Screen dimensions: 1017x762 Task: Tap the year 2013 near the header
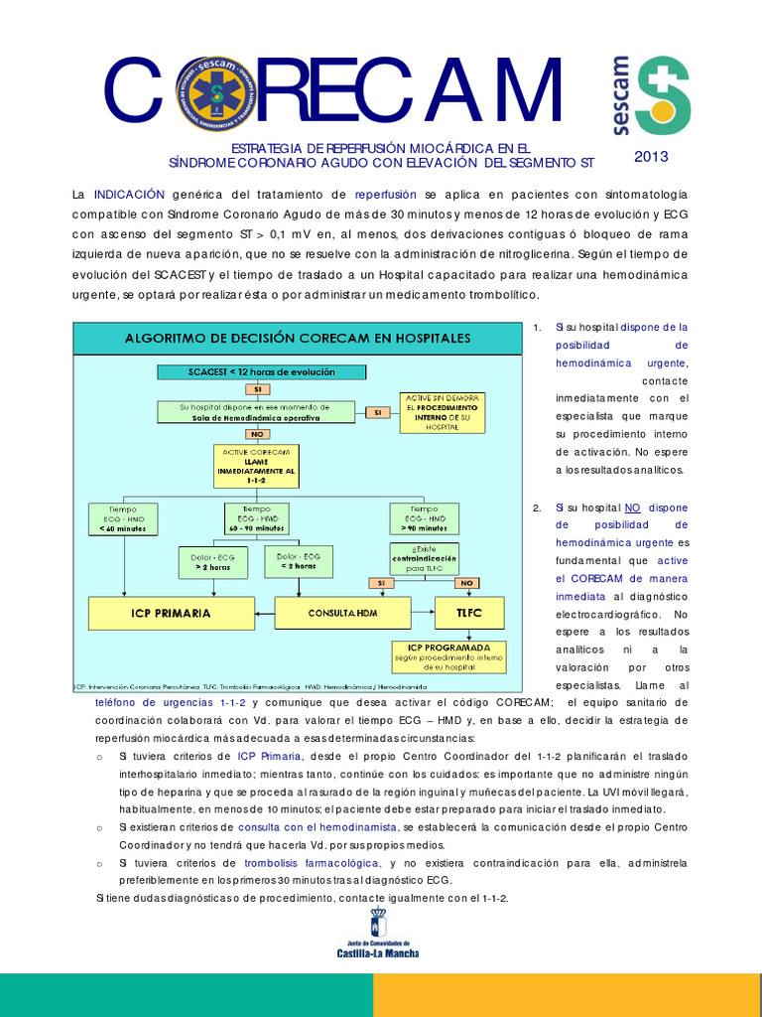click(651, 156)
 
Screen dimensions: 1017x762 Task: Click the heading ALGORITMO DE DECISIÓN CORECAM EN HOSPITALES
click(297, 338)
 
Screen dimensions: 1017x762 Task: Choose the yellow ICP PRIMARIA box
click(171, 613)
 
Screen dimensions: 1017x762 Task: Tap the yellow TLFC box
click(469, 613)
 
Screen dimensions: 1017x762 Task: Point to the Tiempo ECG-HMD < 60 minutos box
click(124, 518)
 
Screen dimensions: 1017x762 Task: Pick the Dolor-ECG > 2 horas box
click(212, 561)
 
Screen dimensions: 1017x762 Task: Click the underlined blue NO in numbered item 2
click(633, 508)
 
